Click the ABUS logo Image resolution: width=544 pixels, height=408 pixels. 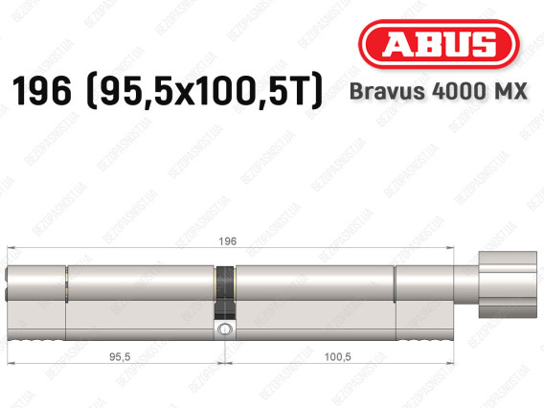pyautogui.click(x=439, y=44)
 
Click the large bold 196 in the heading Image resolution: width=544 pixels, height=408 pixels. pyautogui.click(x=41, y=91)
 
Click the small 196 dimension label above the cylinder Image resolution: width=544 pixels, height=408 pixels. pyautogui.click(x=228, y=241)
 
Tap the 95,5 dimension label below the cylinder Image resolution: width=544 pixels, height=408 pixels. pyautogui.click(x=120, y=356)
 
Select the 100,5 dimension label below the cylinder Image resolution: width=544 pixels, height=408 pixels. pyautogui.click(x=337, y=356)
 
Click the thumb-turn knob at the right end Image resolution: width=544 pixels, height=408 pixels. pyautogui.click(x=508, y=284)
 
